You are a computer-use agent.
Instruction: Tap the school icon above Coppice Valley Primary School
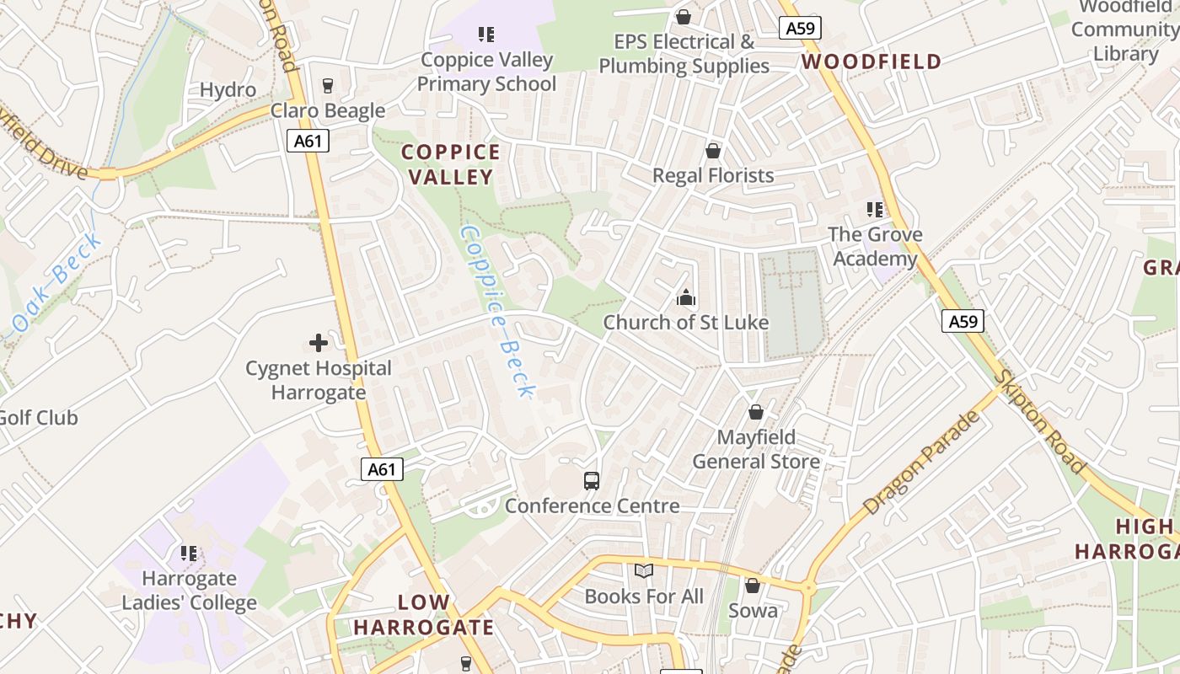tap(486, 35)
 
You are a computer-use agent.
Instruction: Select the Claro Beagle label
tap(328, 110)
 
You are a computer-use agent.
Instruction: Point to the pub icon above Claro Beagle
tap(328, 85)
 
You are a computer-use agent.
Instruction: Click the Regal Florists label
tap(713, 175)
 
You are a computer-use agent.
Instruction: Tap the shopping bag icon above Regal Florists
tap(713, 151)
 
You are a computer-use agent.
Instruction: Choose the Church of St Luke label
tap(685, 322)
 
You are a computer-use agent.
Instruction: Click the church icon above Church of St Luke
tap(686, 297)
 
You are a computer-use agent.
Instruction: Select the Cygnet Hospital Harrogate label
tap(319, 380)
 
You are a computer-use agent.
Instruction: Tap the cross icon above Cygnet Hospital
tap(319, 343)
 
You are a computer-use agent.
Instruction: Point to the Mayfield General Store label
tap(756, 449)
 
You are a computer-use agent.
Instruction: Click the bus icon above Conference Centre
tap(592, 481)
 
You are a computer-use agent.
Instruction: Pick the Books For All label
tap(644, 596)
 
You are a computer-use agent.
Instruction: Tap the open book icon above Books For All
tap(644, 571)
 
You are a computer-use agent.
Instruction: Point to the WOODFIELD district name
tap(872, 62)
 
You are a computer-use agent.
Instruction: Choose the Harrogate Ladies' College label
tap(190, 591)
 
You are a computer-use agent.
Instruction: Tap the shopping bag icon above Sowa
tap(753, 586)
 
